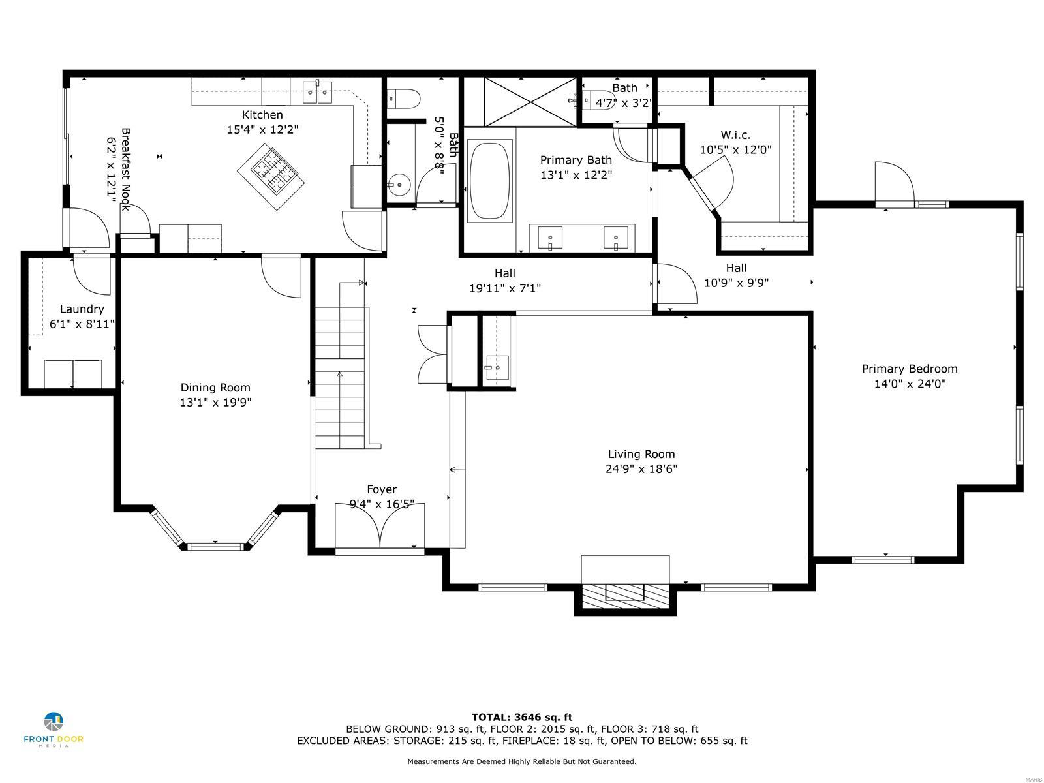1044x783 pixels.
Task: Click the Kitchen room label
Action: (x=262, y=115)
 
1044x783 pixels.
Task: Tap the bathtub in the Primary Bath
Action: (x=489, y=181)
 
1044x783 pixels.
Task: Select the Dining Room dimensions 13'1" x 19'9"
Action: (x=215, y=402)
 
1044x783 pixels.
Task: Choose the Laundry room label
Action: (x=82, y=309)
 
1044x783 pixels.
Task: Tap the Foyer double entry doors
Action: (x=380, y=525)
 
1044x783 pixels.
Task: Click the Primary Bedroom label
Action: (x=910, y=369)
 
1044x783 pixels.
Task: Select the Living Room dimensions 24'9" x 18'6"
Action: (x=641, y=468)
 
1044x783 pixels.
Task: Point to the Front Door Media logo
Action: (x=54, y=729)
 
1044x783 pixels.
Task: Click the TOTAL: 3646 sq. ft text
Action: (x=522, y=717)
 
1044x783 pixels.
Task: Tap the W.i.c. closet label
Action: (x=735, y=134)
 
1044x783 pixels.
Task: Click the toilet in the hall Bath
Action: (x=404, y=99)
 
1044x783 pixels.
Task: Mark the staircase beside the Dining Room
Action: (x=341, y=378)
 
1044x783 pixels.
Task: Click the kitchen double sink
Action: (x=318, y=92)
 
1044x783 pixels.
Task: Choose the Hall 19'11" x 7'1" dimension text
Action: (x=505, y=288)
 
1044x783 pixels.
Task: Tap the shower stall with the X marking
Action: (x=530, y=102)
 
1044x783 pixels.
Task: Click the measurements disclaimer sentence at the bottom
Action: (x=522, y=761)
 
